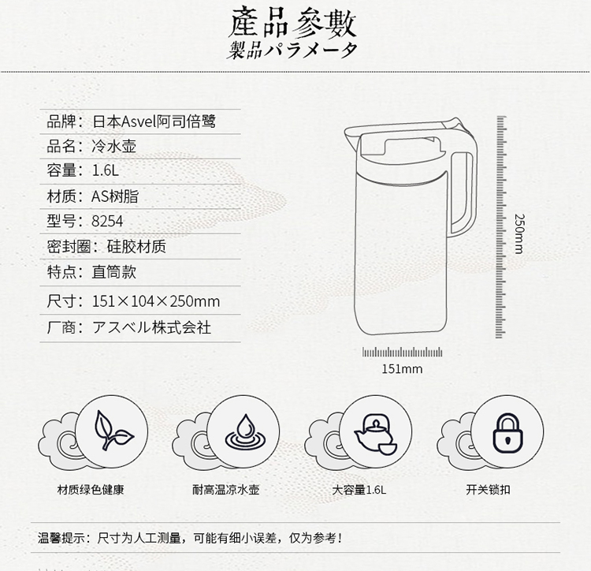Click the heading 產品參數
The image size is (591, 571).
[x=292, y=22]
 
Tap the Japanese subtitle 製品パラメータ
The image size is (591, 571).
[x=292, y=50]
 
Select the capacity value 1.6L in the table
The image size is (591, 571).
[x=105, y=170]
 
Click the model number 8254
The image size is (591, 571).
[x=107, y=221]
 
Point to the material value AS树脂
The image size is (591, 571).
[x=115, y=196]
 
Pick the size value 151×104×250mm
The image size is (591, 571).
[x=156, y=301]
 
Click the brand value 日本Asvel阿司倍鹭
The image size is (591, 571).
[x=154, y=121]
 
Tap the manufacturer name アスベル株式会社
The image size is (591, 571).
[x=151, y=327]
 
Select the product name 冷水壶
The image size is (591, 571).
[x=113, y=146]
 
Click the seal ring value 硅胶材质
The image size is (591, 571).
[x=136, y=247]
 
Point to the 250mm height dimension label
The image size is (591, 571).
[x=519, y=233]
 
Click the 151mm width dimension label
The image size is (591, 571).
[x=402, y=368]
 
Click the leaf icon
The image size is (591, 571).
[x=113, y=431]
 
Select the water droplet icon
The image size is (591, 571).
[x=245, y=432]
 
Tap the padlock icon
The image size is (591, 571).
[x=508, y=433]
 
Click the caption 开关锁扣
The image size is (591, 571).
[x=488, y=490]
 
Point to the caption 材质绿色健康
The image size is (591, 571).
[x=91, y=490]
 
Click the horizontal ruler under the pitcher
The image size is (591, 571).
[x=402, y=353]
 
